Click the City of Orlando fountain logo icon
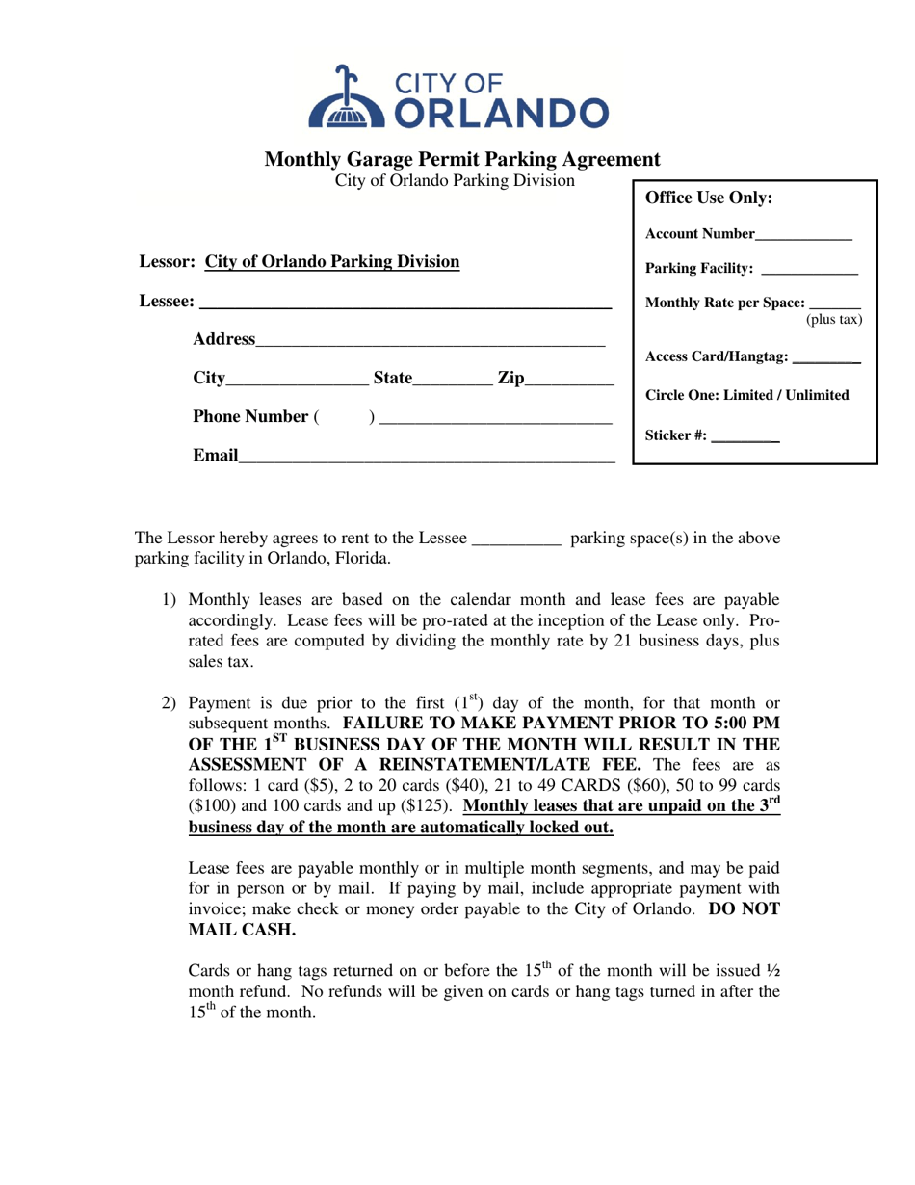pos(342,97)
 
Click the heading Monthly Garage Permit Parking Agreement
pos(462,160)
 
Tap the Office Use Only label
pos(708,198)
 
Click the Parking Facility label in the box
pos(700,269)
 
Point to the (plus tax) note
pos(833,319)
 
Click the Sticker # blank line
pos(746,437)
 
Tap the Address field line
pos(430,341)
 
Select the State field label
pos(391,379)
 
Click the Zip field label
pos(511,379)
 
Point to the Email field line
pos(426,456)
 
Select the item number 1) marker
pos(169,599)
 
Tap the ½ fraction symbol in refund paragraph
pos(773,969)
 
